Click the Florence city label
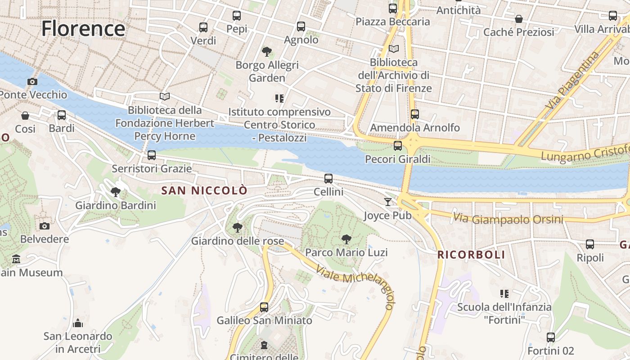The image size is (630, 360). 83,29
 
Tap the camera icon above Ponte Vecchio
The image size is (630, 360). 32,81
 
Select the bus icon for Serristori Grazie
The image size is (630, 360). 152,155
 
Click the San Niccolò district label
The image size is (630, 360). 204,190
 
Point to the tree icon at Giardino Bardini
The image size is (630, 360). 116,192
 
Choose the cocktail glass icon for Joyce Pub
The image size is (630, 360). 388,202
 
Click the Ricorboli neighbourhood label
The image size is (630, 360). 471,255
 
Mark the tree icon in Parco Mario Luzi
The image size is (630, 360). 346,239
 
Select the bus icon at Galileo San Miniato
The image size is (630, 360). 264,307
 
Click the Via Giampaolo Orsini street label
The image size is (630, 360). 508,219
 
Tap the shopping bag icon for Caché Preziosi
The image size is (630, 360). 519,19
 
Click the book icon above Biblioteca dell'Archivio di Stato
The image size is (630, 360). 394,49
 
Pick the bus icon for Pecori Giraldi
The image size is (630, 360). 397,146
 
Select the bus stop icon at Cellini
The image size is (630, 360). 328,179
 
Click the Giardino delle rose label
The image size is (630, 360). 238,241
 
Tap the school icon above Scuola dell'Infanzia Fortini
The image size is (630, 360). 504,294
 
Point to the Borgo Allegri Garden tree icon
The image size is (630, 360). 267,51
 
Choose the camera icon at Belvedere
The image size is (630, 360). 44,226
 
